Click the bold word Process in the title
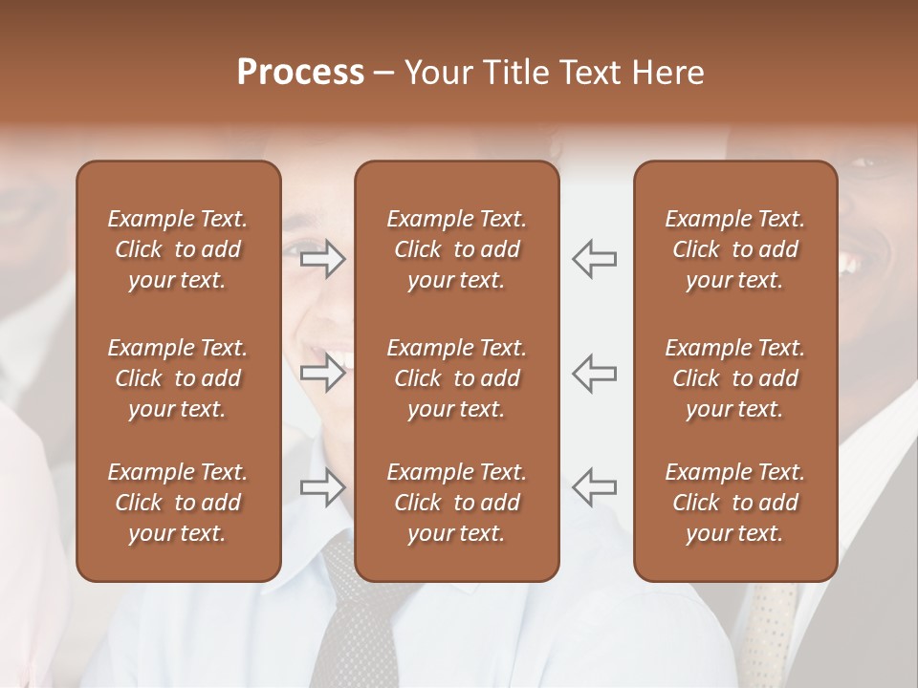pyautogui.click(x=300, y=73)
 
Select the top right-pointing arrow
pyautogui.click(x=323, y=258)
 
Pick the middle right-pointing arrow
pyautogui.click(x=323, y=373)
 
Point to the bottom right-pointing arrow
pyautogui.click(x=323, y=487)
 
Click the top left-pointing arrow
pyautogui.click(x=595, y=258)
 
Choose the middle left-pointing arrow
pyautogui.click(x=595, y=373)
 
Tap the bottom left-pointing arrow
pyautogui.click(x=595, y=487)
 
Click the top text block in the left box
pyautogui.click(x=178, y=249)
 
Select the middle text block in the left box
pyautogui.click(x=178, y=378)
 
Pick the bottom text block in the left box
pyautogui.click(x=178, y=503)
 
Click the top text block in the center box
pyautogui.click(x=456, y=249)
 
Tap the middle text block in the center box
pyautogui.click(x=456, y=378)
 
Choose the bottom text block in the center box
pyautogui.click(x=456, y=503)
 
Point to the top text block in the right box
pyautogui.click(x=734, y=249)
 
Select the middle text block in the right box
pyautogui.click(x=734, y=378)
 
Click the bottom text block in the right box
pyautogui.click(x=734, y=503)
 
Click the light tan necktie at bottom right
pyautogui.click(x=771, y=631)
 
